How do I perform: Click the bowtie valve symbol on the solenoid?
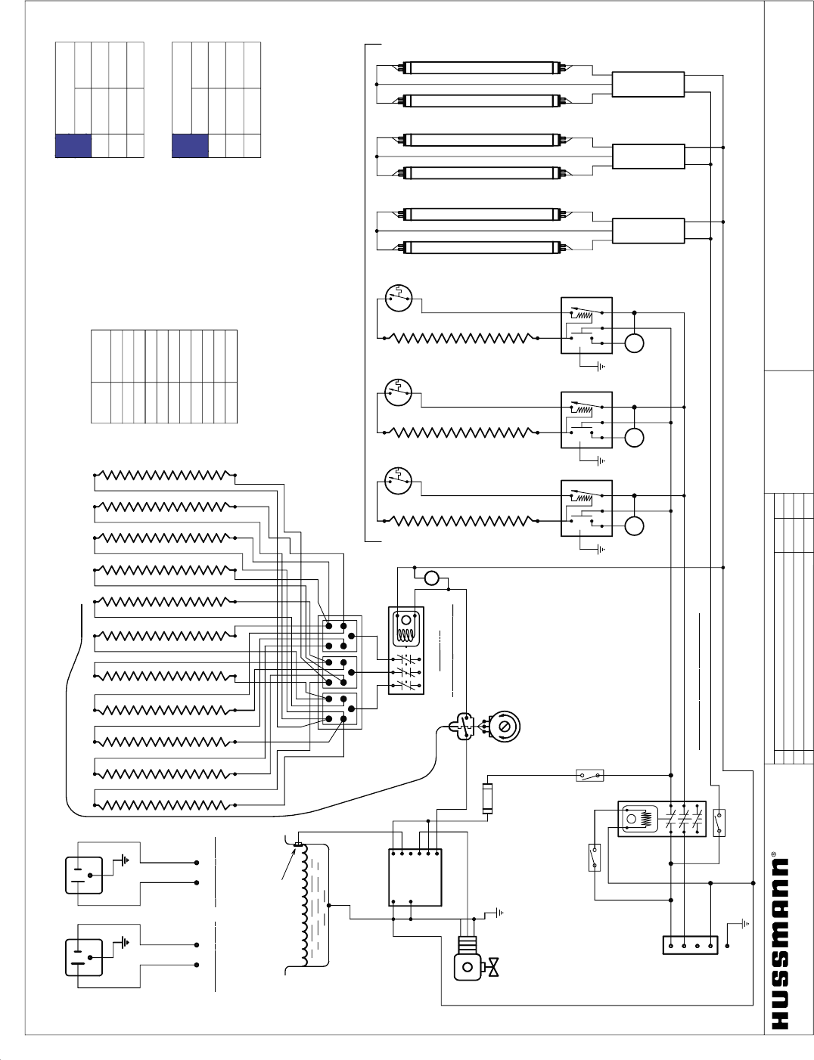pyautogui.click(x=494, y=967)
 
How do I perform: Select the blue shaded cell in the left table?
pyautogui.click(x=73, y=146)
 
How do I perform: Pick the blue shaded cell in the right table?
pyautogui.click(x=191, y=146)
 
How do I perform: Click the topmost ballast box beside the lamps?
pyautogui.click(x=648, y=85)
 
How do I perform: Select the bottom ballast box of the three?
pyautogui.click(x=648, y=231)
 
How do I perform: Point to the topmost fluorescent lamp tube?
pyautogui.click(x=482, y=67)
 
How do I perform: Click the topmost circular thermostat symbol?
pyautogui.click(x=399, y=298)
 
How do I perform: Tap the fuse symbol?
pyautogui.click(x=487, y=798)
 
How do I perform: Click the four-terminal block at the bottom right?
pyautogui.click(x=690, y=945)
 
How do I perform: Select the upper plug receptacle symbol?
pyautogui.click(x=84, y=875)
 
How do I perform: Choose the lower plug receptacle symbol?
pyautogui.click(x=84, y=957)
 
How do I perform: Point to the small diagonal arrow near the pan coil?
pyautogui.click(x=288, y=864)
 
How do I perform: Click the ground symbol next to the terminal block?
pyautogui.click(x=743, y=923)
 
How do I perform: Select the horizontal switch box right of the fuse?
pyautogui.click(x=590, y=775)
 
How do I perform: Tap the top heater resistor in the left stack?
pyautogui.click(x=164, y=475)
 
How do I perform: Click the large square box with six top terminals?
pyautogui.click(x=415, y=877)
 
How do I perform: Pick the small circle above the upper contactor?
pyautogui.click(x=432, y=578)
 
